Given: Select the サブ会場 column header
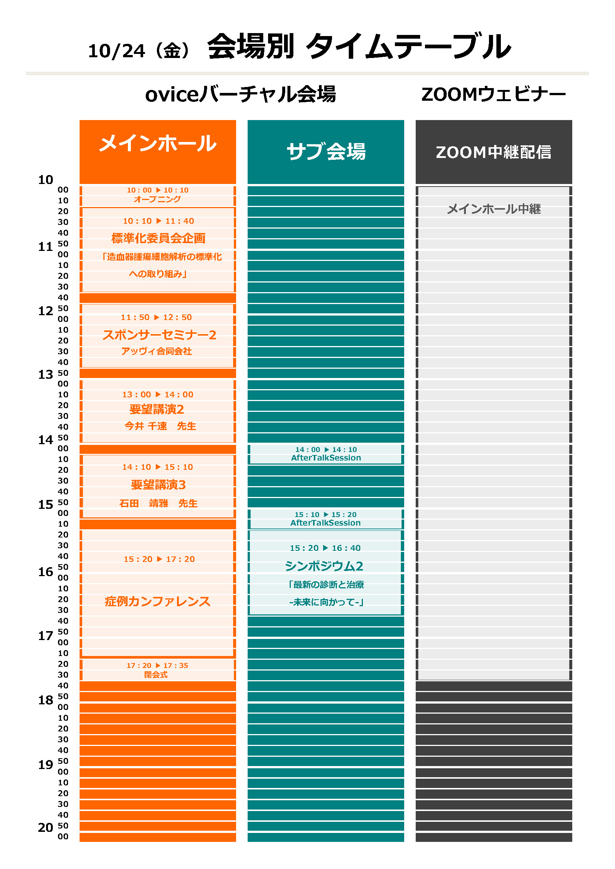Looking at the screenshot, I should (326, 151).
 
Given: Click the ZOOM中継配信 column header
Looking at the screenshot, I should (493, 152).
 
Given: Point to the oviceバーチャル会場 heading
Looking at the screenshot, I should (241, 94).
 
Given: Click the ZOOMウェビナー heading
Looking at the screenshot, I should (493, 94).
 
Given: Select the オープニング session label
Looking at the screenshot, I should (157, 199).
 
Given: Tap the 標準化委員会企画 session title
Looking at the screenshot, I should (158, 238).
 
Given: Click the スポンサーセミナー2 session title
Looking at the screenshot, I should (159, 335).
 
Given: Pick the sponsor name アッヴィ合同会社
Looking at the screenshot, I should (157, 351).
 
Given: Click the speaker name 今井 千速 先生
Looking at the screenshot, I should (160, 426).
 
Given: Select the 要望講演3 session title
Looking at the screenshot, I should (158, 485).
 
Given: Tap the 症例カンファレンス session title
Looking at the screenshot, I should (158, 601).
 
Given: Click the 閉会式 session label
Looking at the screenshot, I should (156, 675).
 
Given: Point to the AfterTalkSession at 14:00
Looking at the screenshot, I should (326, 458).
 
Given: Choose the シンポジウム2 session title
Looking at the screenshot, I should (324, 566).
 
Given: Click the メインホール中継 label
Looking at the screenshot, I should (493, 209).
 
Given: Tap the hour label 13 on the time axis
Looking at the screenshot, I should (45, 374).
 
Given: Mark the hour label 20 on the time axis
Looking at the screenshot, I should (45, 827).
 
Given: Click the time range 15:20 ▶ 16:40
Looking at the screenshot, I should (325, 547).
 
